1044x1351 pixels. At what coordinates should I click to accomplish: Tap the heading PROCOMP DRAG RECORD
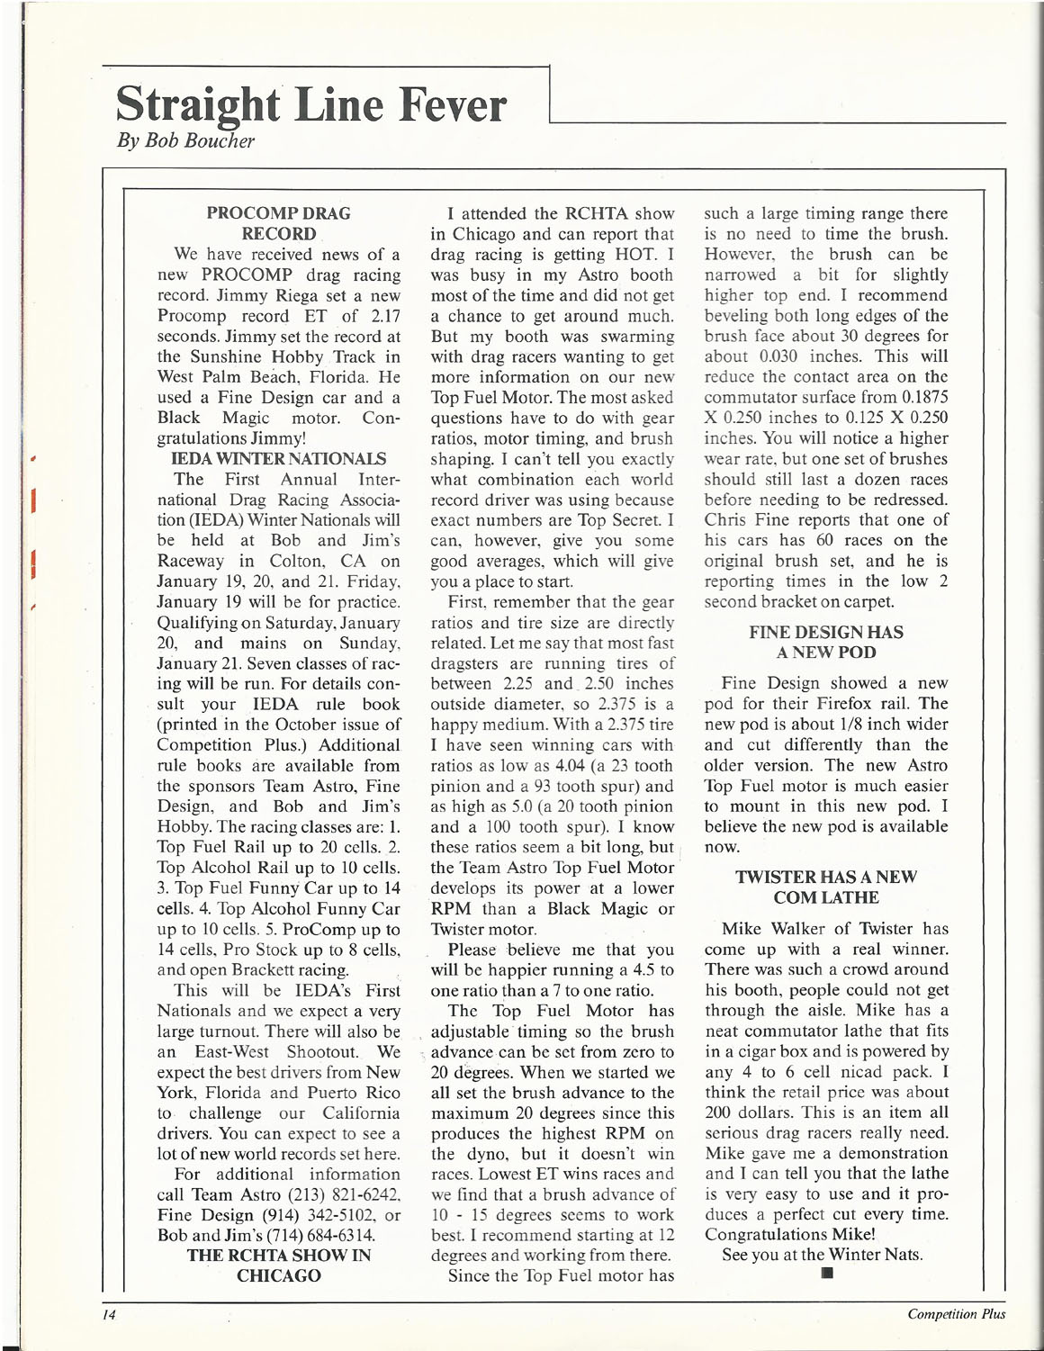278,223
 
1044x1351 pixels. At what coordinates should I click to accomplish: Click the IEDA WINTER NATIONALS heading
278,459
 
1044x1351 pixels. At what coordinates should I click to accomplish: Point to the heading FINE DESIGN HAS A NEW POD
825,643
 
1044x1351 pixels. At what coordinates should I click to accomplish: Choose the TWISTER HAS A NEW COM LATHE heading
825,887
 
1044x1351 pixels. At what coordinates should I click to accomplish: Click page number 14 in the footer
110,1314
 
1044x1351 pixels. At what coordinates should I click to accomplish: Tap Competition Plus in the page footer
956,1314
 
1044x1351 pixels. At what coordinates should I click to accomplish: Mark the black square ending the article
826,1274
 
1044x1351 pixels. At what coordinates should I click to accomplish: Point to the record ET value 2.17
382,316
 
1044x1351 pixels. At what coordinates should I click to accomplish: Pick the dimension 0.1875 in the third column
920,398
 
